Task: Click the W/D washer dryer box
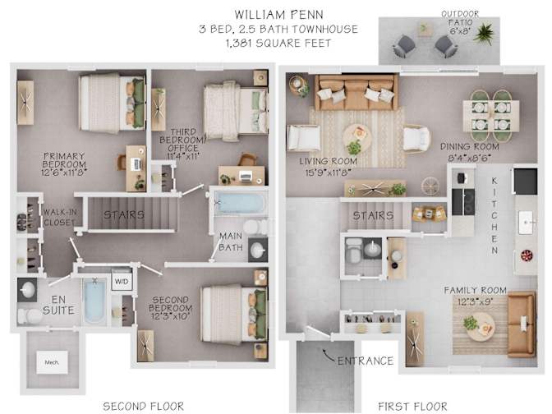pyautogui.click(x=122, y=281)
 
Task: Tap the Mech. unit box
pyautogui.click(x=52, y=362)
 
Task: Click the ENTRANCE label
pyautogui.click(x=365, y=361)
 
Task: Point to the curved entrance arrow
pyautogui.click(x=329, y=355)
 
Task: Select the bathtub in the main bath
pyautogui.click(x=239, y=203)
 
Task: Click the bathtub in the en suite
pyautogui.click(x=95, y=300)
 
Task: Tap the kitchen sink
pyautogui.click(x=527, y=223)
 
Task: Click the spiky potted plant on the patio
pyautogui.click(x=485, y=33)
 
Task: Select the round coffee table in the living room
pyautogui.click(x=357, y=136)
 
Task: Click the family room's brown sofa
pyautogui.click(x=522, y=324)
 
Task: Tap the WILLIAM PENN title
pyautogui.click(x=278, y=15)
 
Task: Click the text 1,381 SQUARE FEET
pyautogui.click(x=278, y=44)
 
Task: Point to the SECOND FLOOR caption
pyautogui.click(x=143, y=407)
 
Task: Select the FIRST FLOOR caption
pyautogui.click(x=412, y=407)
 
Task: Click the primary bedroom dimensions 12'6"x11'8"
pyautogui.click(x=64, y=172)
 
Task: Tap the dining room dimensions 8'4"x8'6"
pyautogui.click(x=469, y=158)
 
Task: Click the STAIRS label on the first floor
pyautogui.click(x=373, y=215)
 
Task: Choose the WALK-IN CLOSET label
pyautogui.click(x=59, y=217)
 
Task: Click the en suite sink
pyautogui.click(x=27, y=290)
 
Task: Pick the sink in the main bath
pyautogui.click(x=258, y=250)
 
